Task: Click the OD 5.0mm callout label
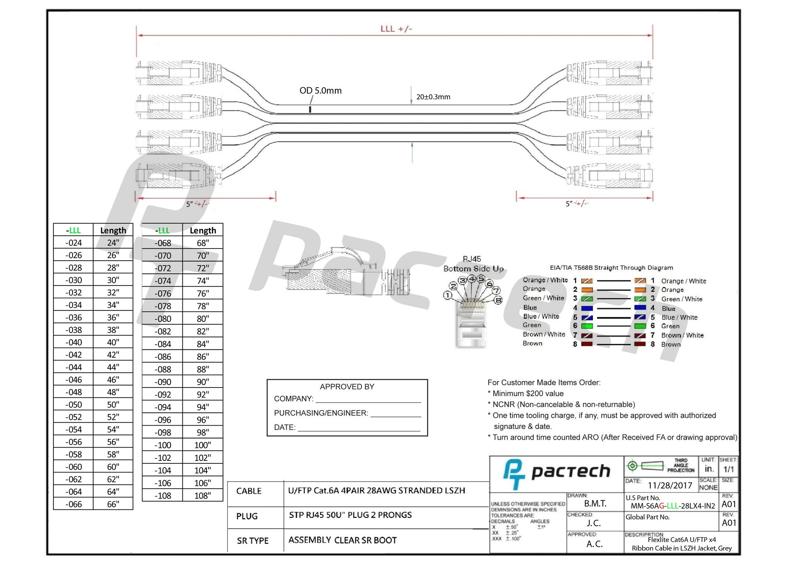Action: [x=320, y=90]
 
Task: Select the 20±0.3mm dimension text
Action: [x=433, y=97]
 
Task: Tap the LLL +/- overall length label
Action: [x=396, y=29]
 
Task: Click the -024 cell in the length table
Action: [x=73, y=243]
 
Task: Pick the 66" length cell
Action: [x=113, y=504]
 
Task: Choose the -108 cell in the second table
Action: [x=163, y=496]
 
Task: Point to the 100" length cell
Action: [x=202, y=445]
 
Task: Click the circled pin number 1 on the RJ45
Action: [x=447, y=295]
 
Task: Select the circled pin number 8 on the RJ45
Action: [x=498, y=300]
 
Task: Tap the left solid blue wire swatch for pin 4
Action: [x=587, y=308]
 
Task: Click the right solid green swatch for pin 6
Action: [x=640, y=326]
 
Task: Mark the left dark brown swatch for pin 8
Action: [x=587, y=344]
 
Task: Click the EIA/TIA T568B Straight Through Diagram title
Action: [x=611, y=268]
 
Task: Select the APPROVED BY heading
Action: [x=347, y=387]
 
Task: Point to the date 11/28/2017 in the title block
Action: [x=670, y=485]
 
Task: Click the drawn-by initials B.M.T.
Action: [x=595, y=504]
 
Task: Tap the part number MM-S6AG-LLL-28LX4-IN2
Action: [x=672, y=506]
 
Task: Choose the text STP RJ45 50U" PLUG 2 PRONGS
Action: [x=350, y=515]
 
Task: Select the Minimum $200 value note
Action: [x=528, y=394]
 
